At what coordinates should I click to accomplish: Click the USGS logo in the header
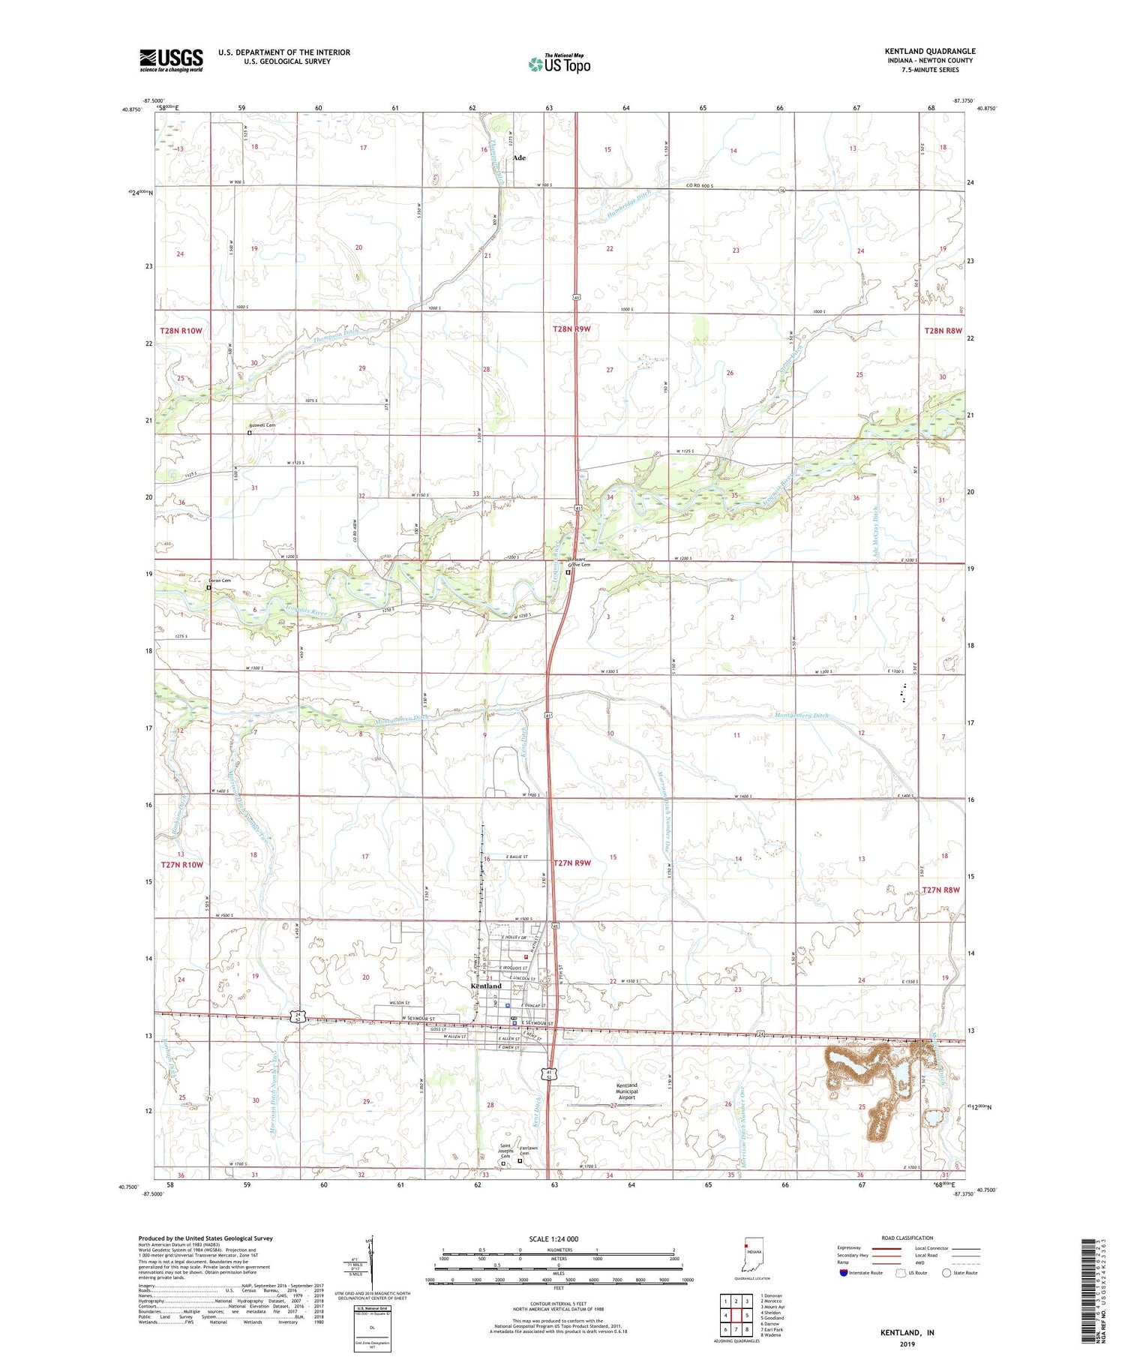point(171,60)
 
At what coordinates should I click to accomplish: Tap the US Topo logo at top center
point(559,65)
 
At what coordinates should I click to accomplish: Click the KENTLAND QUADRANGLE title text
point(929,51)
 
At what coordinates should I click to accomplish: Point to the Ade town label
point(519,158)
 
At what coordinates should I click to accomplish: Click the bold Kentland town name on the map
point(485,986)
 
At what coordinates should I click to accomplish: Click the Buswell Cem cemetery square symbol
point(250,433)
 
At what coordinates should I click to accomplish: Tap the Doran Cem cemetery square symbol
point(209,588)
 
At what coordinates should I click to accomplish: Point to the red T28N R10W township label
point(181,331)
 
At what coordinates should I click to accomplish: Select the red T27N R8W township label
point(941,890)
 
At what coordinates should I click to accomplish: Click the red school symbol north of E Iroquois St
point(526,956)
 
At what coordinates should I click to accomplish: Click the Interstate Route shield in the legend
point(844,1273)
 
